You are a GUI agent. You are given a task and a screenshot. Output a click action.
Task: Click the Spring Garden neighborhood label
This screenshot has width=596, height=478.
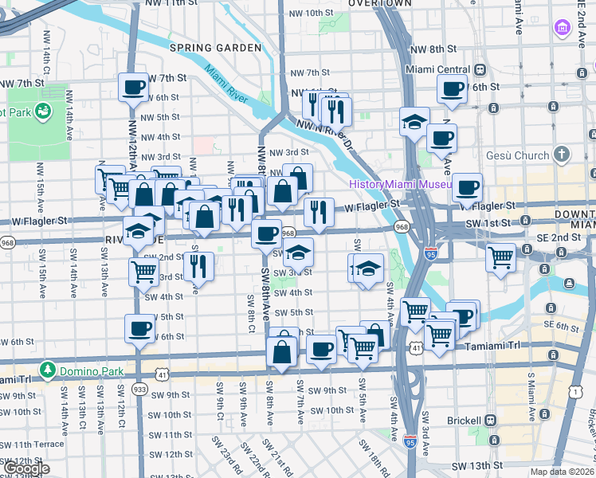point(215,48)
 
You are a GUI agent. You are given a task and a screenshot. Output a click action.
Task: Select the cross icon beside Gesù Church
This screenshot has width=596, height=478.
point(562,155)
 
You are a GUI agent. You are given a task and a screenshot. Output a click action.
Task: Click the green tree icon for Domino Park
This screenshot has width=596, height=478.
point(48,370)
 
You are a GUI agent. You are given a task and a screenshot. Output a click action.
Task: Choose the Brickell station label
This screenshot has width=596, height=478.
point(459,420)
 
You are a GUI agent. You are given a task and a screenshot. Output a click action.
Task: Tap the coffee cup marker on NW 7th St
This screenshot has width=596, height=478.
point(133,88)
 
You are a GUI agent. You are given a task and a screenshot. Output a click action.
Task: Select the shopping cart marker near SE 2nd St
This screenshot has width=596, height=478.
point(500,257)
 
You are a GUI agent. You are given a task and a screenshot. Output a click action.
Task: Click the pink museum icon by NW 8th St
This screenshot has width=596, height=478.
point(563,28)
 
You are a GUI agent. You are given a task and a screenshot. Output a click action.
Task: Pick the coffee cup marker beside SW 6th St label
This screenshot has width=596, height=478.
point(140,330)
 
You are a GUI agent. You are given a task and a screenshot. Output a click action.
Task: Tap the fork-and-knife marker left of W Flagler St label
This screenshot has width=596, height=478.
point(318,213)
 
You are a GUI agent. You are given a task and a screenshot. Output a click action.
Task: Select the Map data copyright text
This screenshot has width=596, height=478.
point(563,472)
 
